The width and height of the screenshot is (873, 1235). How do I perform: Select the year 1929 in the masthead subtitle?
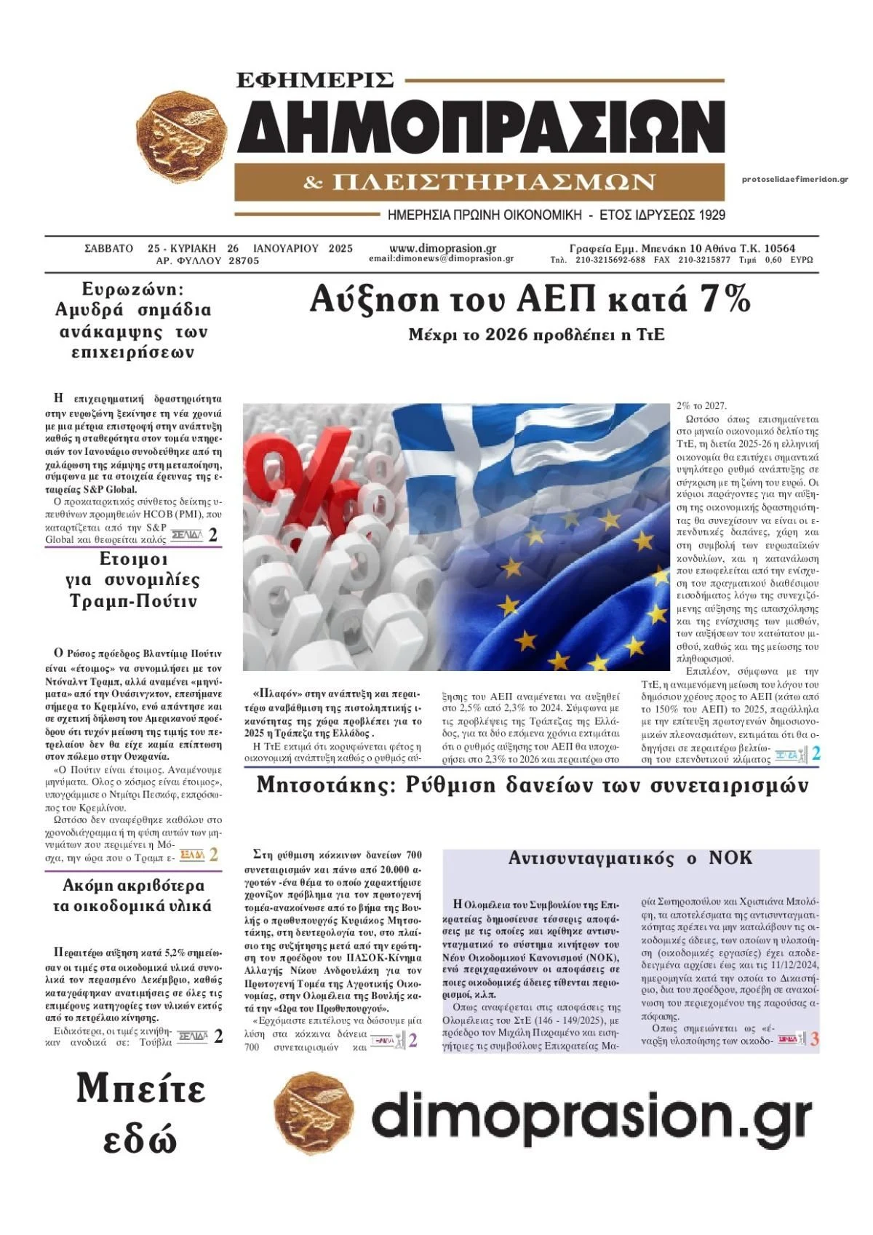point(711,215)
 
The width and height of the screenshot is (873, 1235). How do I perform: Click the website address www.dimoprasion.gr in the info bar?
point(442,248)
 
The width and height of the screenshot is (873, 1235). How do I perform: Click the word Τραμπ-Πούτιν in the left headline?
point(133,602)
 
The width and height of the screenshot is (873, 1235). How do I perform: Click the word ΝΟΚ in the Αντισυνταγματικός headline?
point(730,858)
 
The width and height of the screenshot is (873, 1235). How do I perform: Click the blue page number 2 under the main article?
point(816,754)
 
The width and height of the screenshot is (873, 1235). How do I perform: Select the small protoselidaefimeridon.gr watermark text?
point(795,180)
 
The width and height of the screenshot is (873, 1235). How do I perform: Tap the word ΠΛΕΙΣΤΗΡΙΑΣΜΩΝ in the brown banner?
point(493,182)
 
